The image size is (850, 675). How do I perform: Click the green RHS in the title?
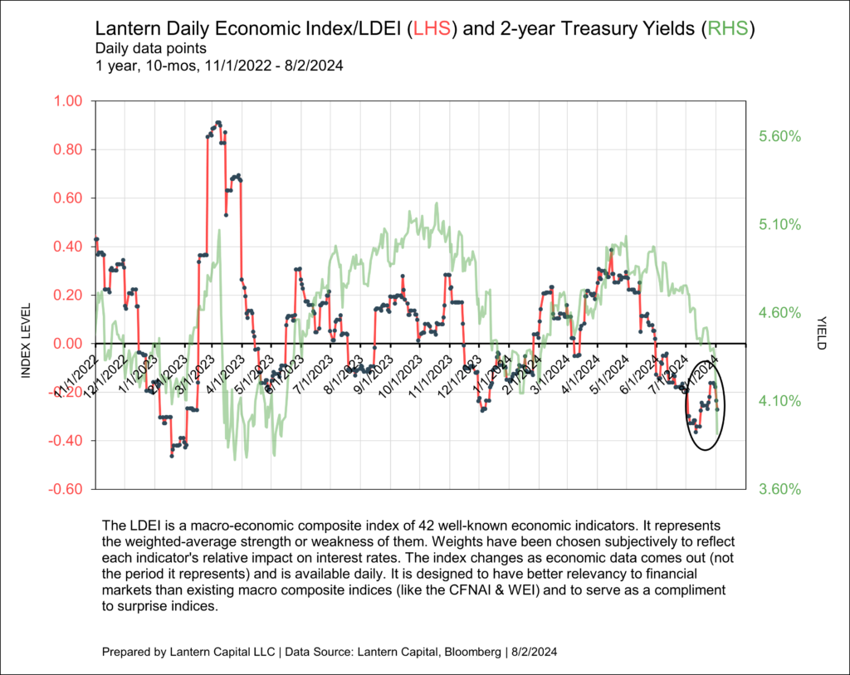click(x=727, y=29)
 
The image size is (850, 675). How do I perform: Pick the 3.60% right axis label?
click(x=777, y=489)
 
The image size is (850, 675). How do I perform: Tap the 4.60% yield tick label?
click(x=777, y=313)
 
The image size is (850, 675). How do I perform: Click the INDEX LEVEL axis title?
click(x=26, y=340)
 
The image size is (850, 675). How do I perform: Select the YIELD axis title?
click(x=822, y=332)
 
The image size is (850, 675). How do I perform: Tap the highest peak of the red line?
click(x=217, y=122)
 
